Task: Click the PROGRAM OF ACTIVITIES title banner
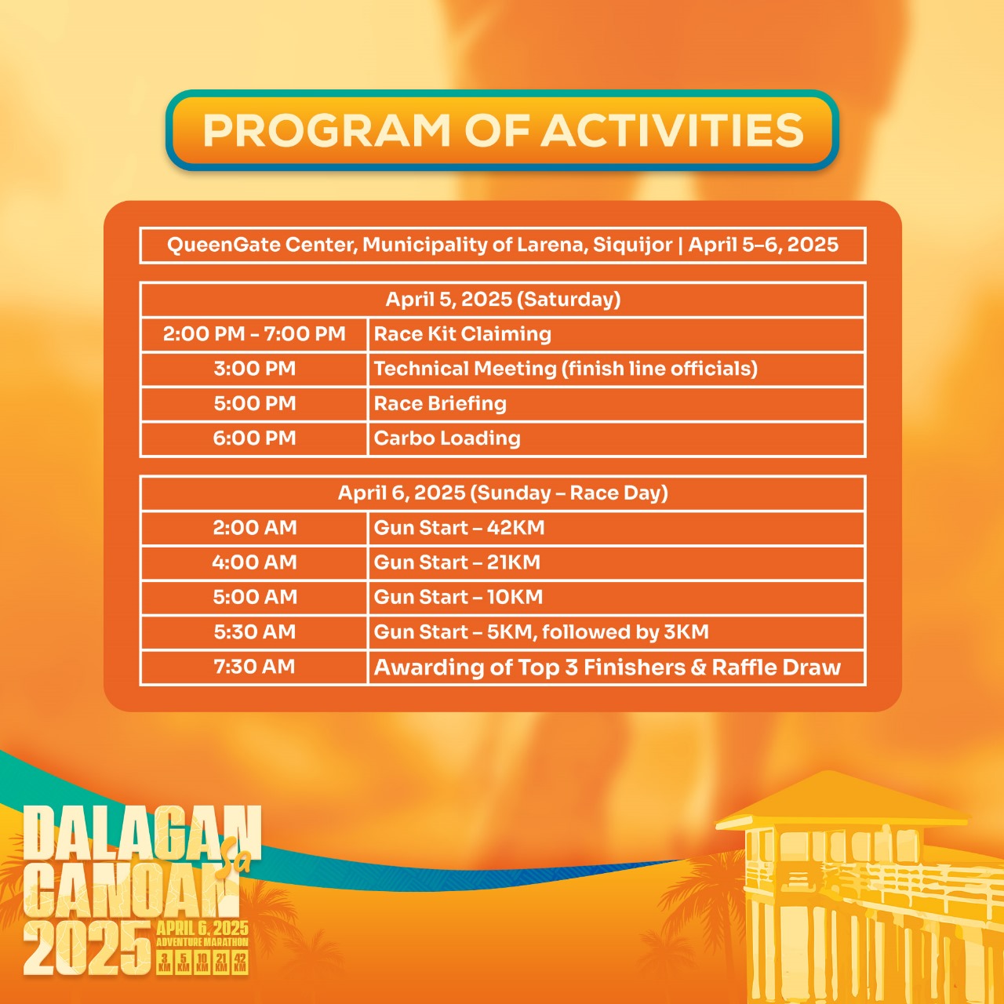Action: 502,130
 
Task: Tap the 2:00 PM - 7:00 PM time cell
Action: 254,334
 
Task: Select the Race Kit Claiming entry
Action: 463,334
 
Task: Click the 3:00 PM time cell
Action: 254,369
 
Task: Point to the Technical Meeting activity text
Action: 566,369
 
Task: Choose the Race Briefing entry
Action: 440,404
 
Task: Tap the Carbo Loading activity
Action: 447,438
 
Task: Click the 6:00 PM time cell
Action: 254,438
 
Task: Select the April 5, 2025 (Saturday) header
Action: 503,300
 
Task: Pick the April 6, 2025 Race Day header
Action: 503,493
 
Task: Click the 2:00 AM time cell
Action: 254,528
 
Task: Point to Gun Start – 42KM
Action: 459,528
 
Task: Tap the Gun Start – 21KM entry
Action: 457,562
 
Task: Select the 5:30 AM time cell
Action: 254,632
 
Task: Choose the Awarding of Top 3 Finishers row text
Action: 608,668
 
